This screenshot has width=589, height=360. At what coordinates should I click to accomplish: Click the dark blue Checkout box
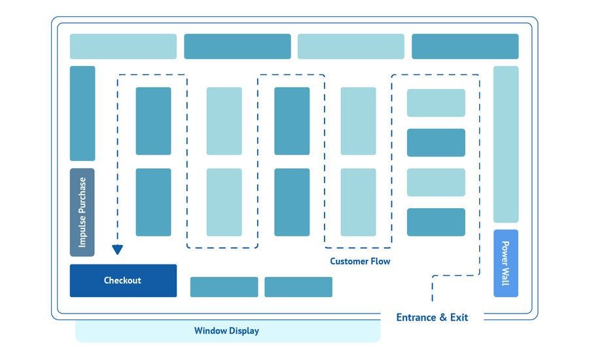pyautogui.click(x=123, y=280)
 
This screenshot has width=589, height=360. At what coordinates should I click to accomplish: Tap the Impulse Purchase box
pyautogui.click(x=82, y=212)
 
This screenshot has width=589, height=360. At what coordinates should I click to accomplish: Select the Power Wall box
pyautogui.click(x=505, y=263)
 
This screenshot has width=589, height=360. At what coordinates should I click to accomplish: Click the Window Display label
pyautogui.click(x=226, y=331)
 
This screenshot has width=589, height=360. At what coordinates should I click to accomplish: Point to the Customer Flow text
pyautogui.click(x=360, y=261)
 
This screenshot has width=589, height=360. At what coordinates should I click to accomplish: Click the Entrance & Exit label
pyautogui.click(x=432, y=317)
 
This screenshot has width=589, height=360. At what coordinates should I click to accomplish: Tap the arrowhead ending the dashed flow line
pyautogui.click(x=117, y=249)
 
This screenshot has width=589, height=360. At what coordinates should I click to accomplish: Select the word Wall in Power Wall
pyautogui.click(x=505, y=276)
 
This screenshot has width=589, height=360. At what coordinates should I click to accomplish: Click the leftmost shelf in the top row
pyautogui.click(x=123, y=46)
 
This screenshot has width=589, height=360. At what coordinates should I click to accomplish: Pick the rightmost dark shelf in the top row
pyautogui.click(x=465, y=46)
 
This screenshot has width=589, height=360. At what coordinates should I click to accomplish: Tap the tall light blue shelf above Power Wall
pyautogui.click(x=506, y=144)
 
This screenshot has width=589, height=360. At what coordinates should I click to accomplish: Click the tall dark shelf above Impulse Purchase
pyautogui.click(x=82, y=113)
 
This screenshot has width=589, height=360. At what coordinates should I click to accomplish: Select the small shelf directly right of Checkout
pyautogui.click(x=224, y=287)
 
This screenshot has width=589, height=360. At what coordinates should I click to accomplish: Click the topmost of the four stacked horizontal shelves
pyautogui.click(x=436, y=103)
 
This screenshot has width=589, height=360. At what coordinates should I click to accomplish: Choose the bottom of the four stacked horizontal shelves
pyautogui.click(x=436, y=222)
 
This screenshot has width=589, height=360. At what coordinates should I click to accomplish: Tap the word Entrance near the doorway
pyautogui.click(x=416, y=317)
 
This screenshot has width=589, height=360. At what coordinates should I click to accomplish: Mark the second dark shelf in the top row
pyautogui.click(x=237, y=46)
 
